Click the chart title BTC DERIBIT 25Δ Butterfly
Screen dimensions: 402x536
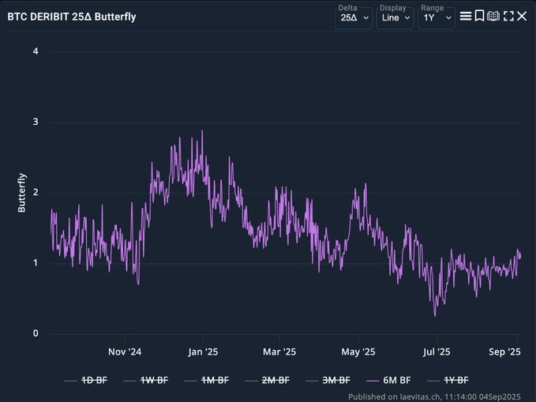pos(71,16)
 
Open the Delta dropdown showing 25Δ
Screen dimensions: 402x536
pos(353,17)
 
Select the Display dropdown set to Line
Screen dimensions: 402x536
pos(394,17)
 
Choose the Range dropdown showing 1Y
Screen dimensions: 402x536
pos(436,17)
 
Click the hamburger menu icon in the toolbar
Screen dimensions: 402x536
pos(466,16)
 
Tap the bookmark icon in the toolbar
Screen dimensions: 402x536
pos(479,16)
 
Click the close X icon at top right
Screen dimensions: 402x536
pos(522,16)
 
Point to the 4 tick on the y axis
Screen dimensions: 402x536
pos(36,52)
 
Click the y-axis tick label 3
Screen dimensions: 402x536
pos(36,122)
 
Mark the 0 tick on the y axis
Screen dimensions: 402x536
pos(36,333)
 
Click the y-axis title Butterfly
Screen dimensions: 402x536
pos(22,193)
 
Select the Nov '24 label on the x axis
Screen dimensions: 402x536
pos(125,351)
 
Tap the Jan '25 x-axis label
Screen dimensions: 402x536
pos(203,351)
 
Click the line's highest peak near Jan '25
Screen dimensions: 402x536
pos(203,131)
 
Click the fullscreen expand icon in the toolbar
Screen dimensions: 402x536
pos(508,16)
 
